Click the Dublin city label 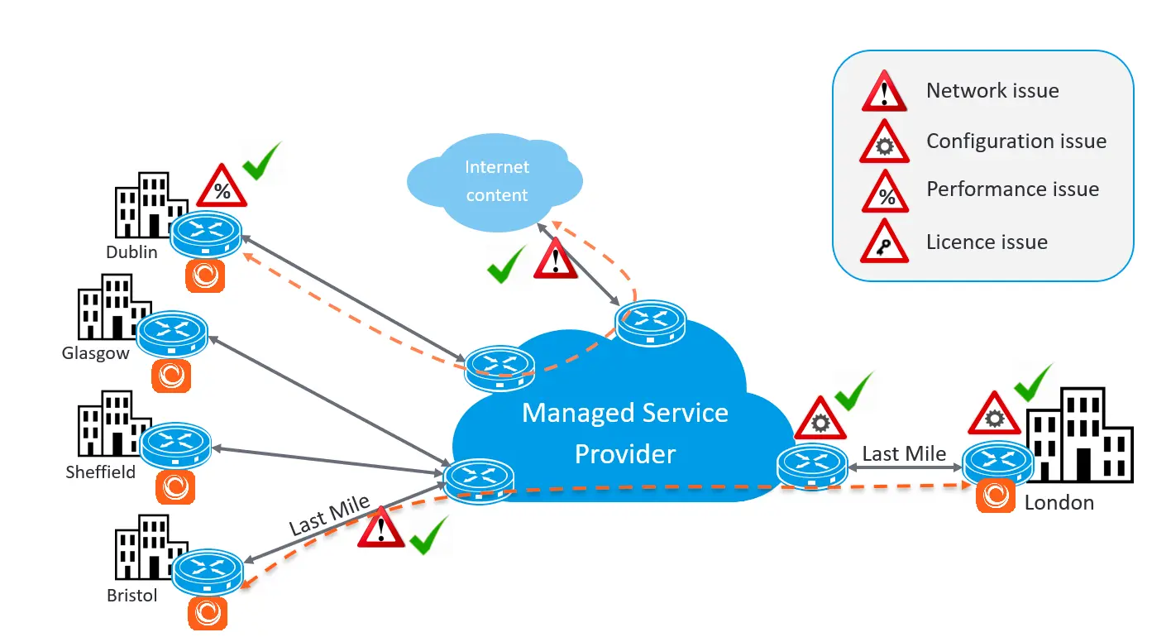click(131, 252)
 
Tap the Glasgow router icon click(171, 334)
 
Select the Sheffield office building click(113, 424)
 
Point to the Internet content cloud click(495, 182)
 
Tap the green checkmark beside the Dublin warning click(261, 160)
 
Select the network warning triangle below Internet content click(555, 258)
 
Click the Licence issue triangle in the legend click(884, 241)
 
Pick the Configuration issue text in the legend click(1016, 141)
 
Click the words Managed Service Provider click(624, 433)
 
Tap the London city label click(1059, 503)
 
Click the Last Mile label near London click(904, 453)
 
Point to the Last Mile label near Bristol click(329, 515)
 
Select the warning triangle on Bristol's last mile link click(380, 527)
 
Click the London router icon click(998, 462)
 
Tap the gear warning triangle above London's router click(994, 413)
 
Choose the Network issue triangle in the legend click(884, 90)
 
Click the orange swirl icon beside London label click(996, 496)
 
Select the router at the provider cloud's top click(650, 323)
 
